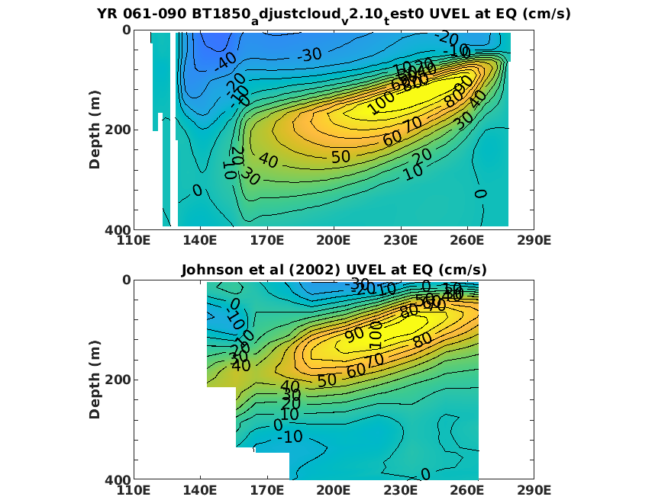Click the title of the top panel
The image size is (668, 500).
pyautogui.click(x=334, y=14)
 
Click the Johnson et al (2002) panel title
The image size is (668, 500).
pyautogui.click(x=334, y=270)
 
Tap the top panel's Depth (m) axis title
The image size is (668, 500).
pyautogui.click(x=95, y=129)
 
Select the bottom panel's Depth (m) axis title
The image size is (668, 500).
pyautogui.click(x=95, y=379)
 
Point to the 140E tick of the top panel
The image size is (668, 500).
pyautogui.click(x=200, y=241)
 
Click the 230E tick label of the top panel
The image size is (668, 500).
pyautogui.click(x=401, y=241)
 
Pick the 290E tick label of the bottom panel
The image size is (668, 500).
pyautogui.click(x=534, y=491)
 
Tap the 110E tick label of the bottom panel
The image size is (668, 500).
pyautogui.click(x=134, y=491)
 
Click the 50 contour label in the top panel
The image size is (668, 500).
pyautogui.click(x=340, y=156)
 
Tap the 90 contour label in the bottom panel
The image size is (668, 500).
pyautogui.click(x=354, y=335)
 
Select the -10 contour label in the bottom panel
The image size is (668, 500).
pyautogui.click(x=289, y=437)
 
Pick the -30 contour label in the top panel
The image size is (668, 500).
pyautogui.click(x=309, y=55)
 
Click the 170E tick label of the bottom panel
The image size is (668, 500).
pyautogui.click(x=267, y=491)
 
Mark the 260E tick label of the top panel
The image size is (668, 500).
pyautogui.click(x=467, y=241)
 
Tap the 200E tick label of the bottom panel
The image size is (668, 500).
pyautogui.click(x=334, y=491)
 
